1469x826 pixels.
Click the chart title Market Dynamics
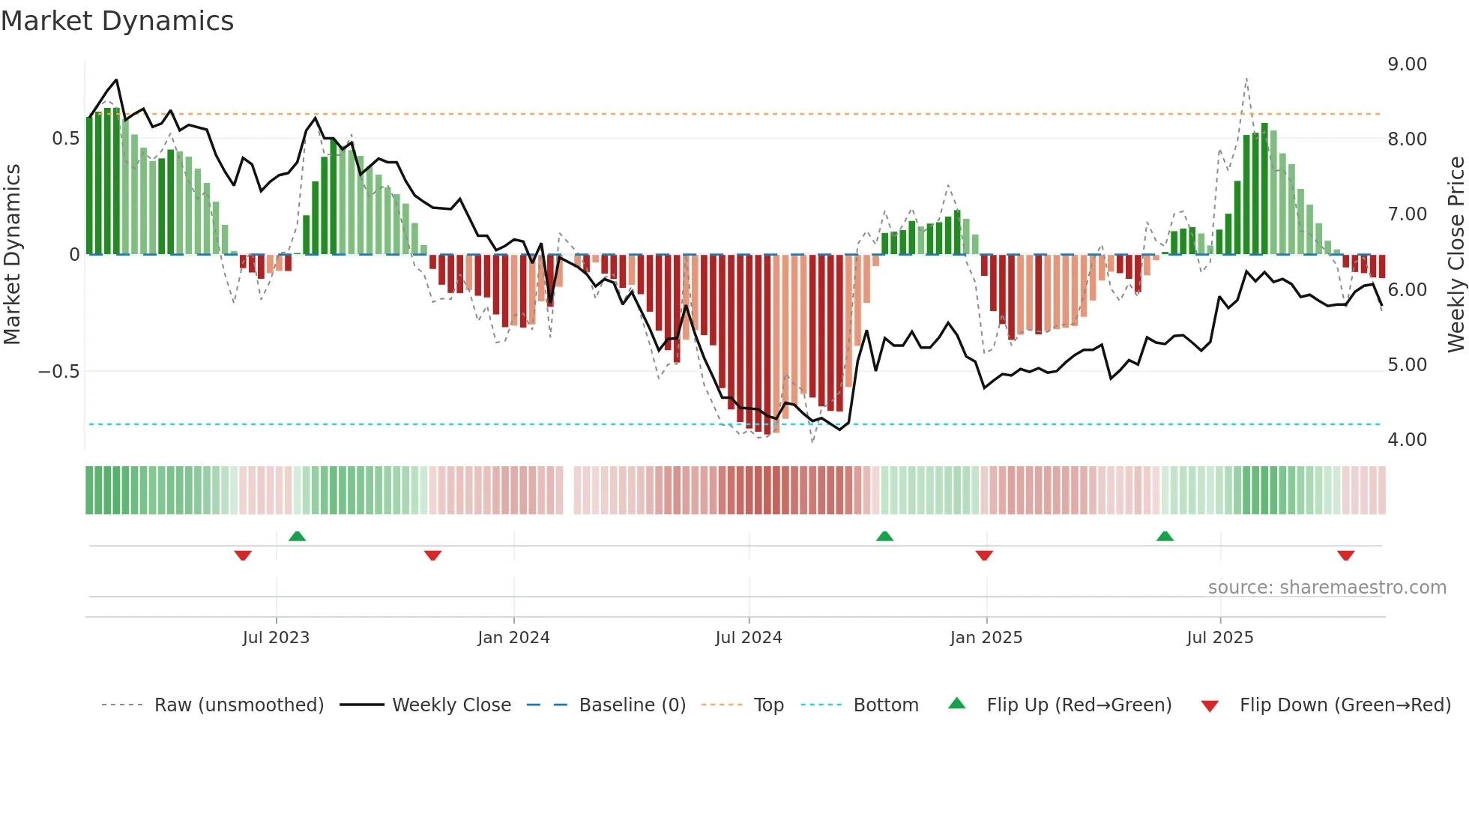tap(118, 21)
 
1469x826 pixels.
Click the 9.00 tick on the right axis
tap(1407, 64)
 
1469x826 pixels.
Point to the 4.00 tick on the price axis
tap(1407, 440)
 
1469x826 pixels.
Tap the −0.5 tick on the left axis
tap(59, 372)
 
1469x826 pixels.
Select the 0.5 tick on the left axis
tap(66, 139)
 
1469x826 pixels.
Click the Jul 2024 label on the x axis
tap(748, 638)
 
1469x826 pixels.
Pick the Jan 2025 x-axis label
tap(986, 638)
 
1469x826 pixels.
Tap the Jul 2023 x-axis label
tap(276, 638)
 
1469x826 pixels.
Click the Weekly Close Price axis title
tap(1456, 254)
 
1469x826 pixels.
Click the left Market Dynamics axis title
tap(12, 254)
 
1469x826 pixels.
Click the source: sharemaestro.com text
tap(1327, 588)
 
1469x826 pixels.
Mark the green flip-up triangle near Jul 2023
tap(297, 536)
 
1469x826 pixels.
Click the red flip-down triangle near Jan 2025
tap(984, 555)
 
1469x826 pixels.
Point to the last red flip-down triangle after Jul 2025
tap(1345, 555)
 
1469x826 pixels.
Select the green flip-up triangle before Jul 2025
tap(1165, 536)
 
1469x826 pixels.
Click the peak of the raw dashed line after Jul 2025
tap(1246, 78)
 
